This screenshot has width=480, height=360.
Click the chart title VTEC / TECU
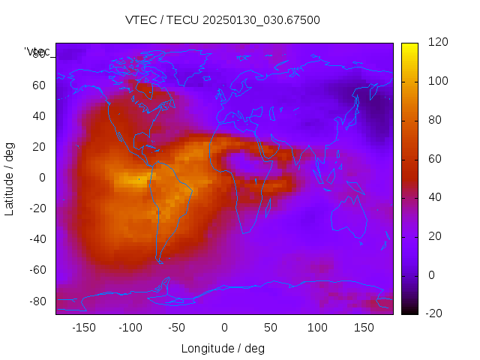pyautogui.click(x=223, y=20)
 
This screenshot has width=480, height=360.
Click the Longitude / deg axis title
pyautogui.click(x=223, y=349)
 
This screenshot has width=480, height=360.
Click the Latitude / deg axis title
pyautogui.click(x=10, y=178)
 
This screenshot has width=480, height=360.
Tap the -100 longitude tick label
pyautogui.click(x=130, y=328)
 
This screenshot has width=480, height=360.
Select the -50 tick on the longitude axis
pyautogui.click(x=177, y=328)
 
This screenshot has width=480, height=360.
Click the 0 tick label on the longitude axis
pyautogui.click(x=223, y=328)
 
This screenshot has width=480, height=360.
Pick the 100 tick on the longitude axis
pyautogui.click(x=317, y=328)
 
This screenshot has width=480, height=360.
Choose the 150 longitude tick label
pyautogui.click(x=364, y=328)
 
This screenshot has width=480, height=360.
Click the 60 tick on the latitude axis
pyautogui.click(x=39, y=85)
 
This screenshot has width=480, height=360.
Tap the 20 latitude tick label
pyautogui.click(x=39, y=147)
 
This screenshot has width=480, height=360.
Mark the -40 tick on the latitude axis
pyautogui.click(x=37, y=239)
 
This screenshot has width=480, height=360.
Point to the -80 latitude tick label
pyautogui.click(x=37, y=301)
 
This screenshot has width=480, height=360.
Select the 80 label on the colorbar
pyautogui.click(x=435, y=120)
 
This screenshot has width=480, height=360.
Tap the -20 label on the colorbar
pyautogui.click(x=435, y=313)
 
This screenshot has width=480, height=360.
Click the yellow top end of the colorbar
pyautogui.click(x=409, y=46)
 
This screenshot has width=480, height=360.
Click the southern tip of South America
pyautogui.click(x=160, y=260)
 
